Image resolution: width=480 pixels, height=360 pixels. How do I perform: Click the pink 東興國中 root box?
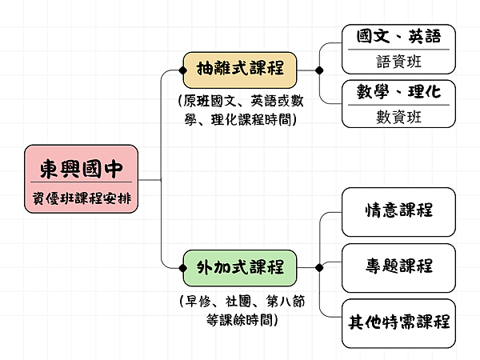[x=82, y=180]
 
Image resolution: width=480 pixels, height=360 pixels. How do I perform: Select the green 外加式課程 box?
[x=240, y=266]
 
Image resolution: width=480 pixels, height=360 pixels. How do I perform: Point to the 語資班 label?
[x=398, y=61]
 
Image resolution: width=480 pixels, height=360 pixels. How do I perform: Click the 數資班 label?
[x=398, y=116]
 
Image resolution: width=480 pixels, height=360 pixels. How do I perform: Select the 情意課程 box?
[x=398, y=210]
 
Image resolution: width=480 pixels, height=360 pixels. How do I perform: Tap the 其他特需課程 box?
[x=398, y=322]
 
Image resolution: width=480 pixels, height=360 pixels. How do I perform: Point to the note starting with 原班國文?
[x=239, y=110]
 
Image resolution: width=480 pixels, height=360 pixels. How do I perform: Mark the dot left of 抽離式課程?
[x=183, y=70]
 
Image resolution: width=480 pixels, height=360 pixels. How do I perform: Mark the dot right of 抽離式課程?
[x=319, y=70]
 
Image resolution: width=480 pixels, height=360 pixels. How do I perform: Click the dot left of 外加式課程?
[x=183, y=266]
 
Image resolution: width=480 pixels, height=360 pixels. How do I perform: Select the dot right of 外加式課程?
[x=319, y=266]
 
